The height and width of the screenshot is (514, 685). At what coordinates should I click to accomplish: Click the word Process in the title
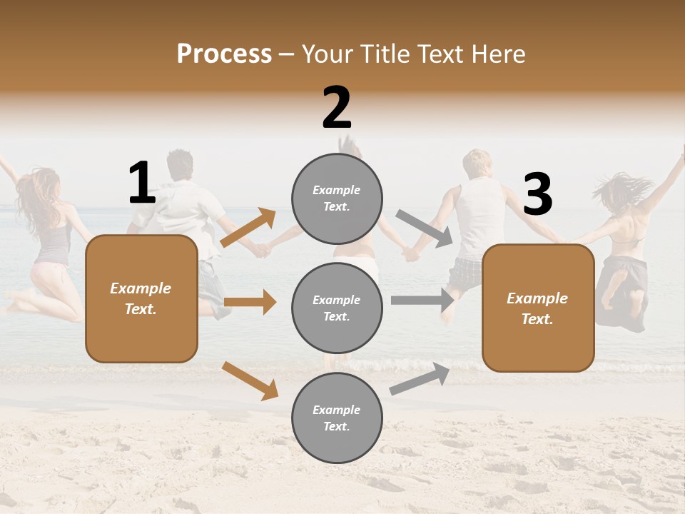point(224,54)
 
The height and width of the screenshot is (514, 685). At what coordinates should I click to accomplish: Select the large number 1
point(142,183)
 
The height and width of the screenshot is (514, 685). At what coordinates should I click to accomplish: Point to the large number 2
point(337,108)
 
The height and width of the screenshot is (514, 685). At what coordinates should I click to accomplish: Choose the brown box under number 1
point(141,298)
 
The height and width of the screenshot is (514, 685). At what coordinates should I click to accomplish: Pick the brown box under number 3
point(538,308)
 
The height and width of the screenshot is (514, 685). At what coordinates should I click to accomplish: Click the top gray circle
point(337,198)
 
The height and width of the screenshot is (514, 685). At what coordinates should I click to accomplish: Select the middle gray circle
point(337,308)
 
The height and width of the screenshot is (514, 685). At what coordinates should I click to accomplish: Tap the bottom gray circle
point(337,418)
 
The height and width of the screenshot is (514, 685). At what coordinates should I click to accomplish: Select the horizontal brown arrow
point(250,302)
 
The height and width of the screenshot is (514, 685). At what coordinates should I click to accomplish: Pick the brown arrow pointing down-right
point(250,381)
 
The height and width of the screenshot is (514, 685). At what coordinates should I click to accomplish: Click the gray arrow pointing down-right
point(425,228)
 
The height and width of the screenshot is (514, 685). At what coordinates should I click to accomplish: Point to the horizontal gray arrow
point(422,301)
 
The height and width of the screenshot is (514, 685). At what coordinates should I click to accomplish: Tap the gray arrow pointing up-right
point(420,378)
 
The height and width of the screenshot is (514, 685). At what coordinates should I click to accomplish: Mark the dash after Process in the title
point(287,55)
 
